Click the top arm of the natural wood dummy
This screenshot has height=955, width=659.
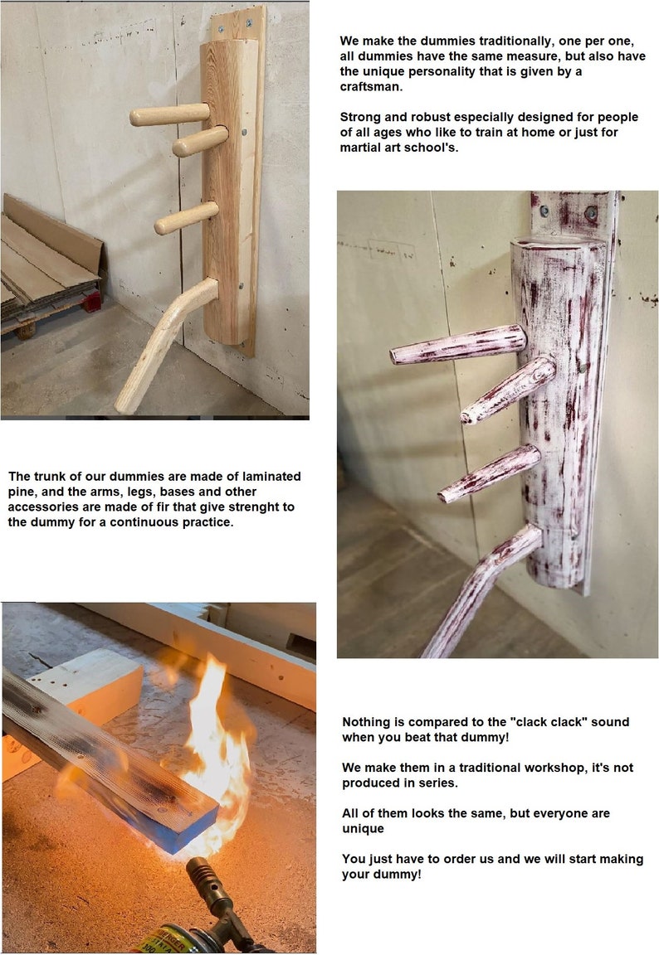[x=170, y=114]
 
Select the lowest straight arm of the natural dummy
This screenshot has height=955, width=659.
[x=187, y=218]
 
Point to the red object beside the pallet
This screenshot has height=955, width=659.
[x=92, y=301]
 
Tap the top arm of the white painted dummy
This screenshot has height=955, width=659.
[x=458, y=345]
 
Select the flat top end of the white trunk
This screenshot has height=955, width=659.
[x=559, y=242]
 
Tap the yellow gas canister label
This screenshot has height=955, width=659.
[x=153, y=941]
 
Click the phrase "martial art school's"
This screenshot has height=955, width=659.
[x=398, y=148]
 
